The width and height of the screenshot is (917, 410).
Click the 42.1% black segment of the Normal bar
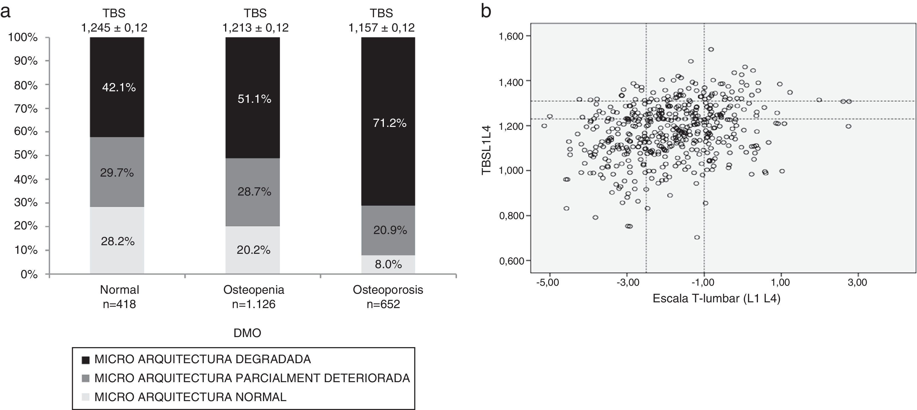(x=117, y=87)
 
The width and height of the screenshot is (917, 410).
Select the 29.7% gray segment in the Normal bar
(x=117, y=172)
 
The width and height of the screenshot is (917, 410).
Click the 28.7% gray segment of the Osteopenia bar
(x=253, y=192)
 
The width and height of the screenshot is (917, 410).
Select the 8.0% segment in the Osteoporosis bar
(x=388, y=264)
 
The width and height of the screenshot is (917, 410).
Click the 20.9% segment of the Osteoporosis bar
(x=388, y=230)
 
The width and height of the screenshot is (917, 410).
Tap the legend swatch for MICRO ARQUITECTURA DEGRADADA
(x=86, y=360)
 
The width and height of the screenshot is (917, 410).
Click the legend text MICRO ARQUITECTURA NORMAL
(x=190, y=397)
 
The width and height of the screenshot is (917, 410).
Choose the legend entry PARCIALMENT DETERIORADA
(x=252, y=378)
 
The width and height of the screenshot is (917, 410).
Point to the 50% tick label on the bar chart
(x=26, y=155)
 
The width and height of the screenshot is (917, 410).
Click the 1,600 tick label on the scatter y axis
(x=511, y=36)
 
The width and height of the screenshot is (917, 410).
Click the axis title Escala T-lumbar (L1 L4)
(x=716, y=298)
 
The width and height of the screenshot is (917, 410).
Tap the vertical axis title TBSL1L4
(x=486, y=150)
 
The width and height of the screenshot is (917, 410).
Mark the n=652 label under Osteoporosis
(x=383, y=304)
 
